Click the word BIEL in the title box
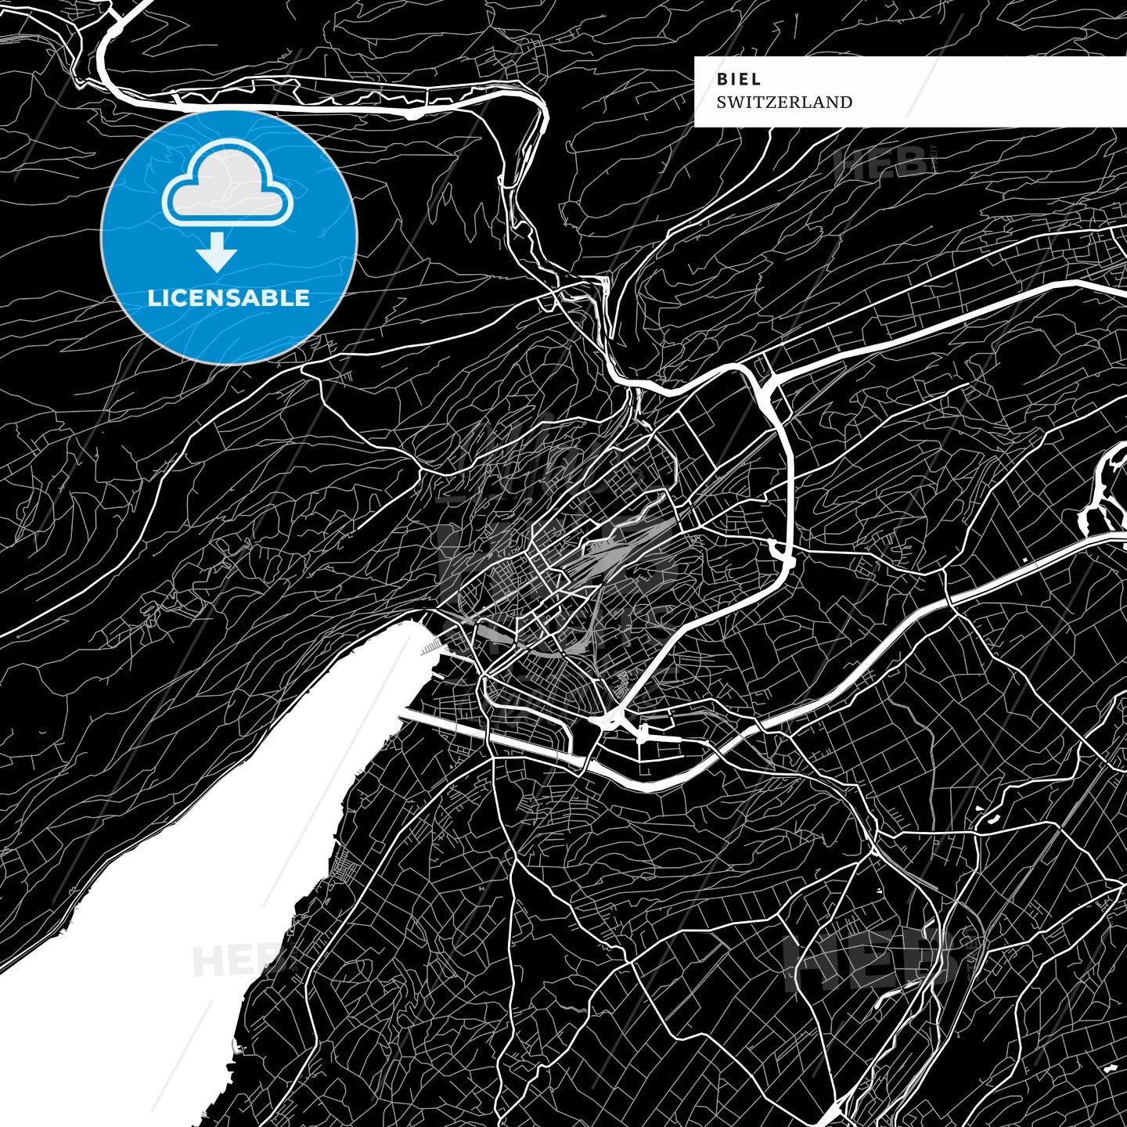tap(739, 79)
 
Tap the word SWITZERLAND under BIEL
tap(784, 102)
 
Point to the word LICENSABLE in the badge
tap(229, 298)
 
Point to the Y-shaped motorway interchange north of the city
tap(763, 387)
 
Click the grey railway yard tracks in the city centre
tap(618, 548)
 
